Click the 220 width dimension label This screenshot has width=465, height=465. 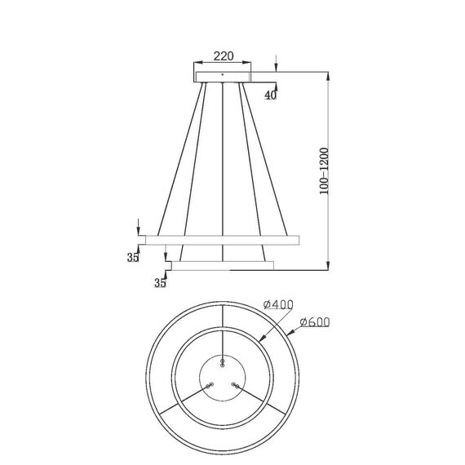tap(224, 57)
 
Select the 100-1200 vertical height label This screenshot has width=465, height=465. tap(326, 170)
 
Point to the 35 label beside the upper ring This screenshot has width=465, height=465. tap(133, 258)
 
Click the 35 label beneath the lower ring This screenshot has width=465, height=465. tap(160, 283)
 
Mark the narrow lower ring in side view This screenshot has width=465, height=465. tap(222, 264)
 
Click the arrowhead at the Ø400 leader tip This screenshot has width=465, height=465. tap(260, 338)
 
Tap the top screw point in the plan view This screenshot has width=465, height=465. tap(221, 360)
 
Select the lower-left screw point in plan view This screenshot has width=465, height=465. tap(210, 384)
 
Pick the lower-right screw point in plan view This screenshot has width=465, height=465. tap(234, 384)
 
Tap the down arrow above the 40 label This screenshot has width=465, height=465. tap(277, 66)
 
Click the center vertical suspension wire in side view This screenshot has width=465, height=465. tap(223, 163)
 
